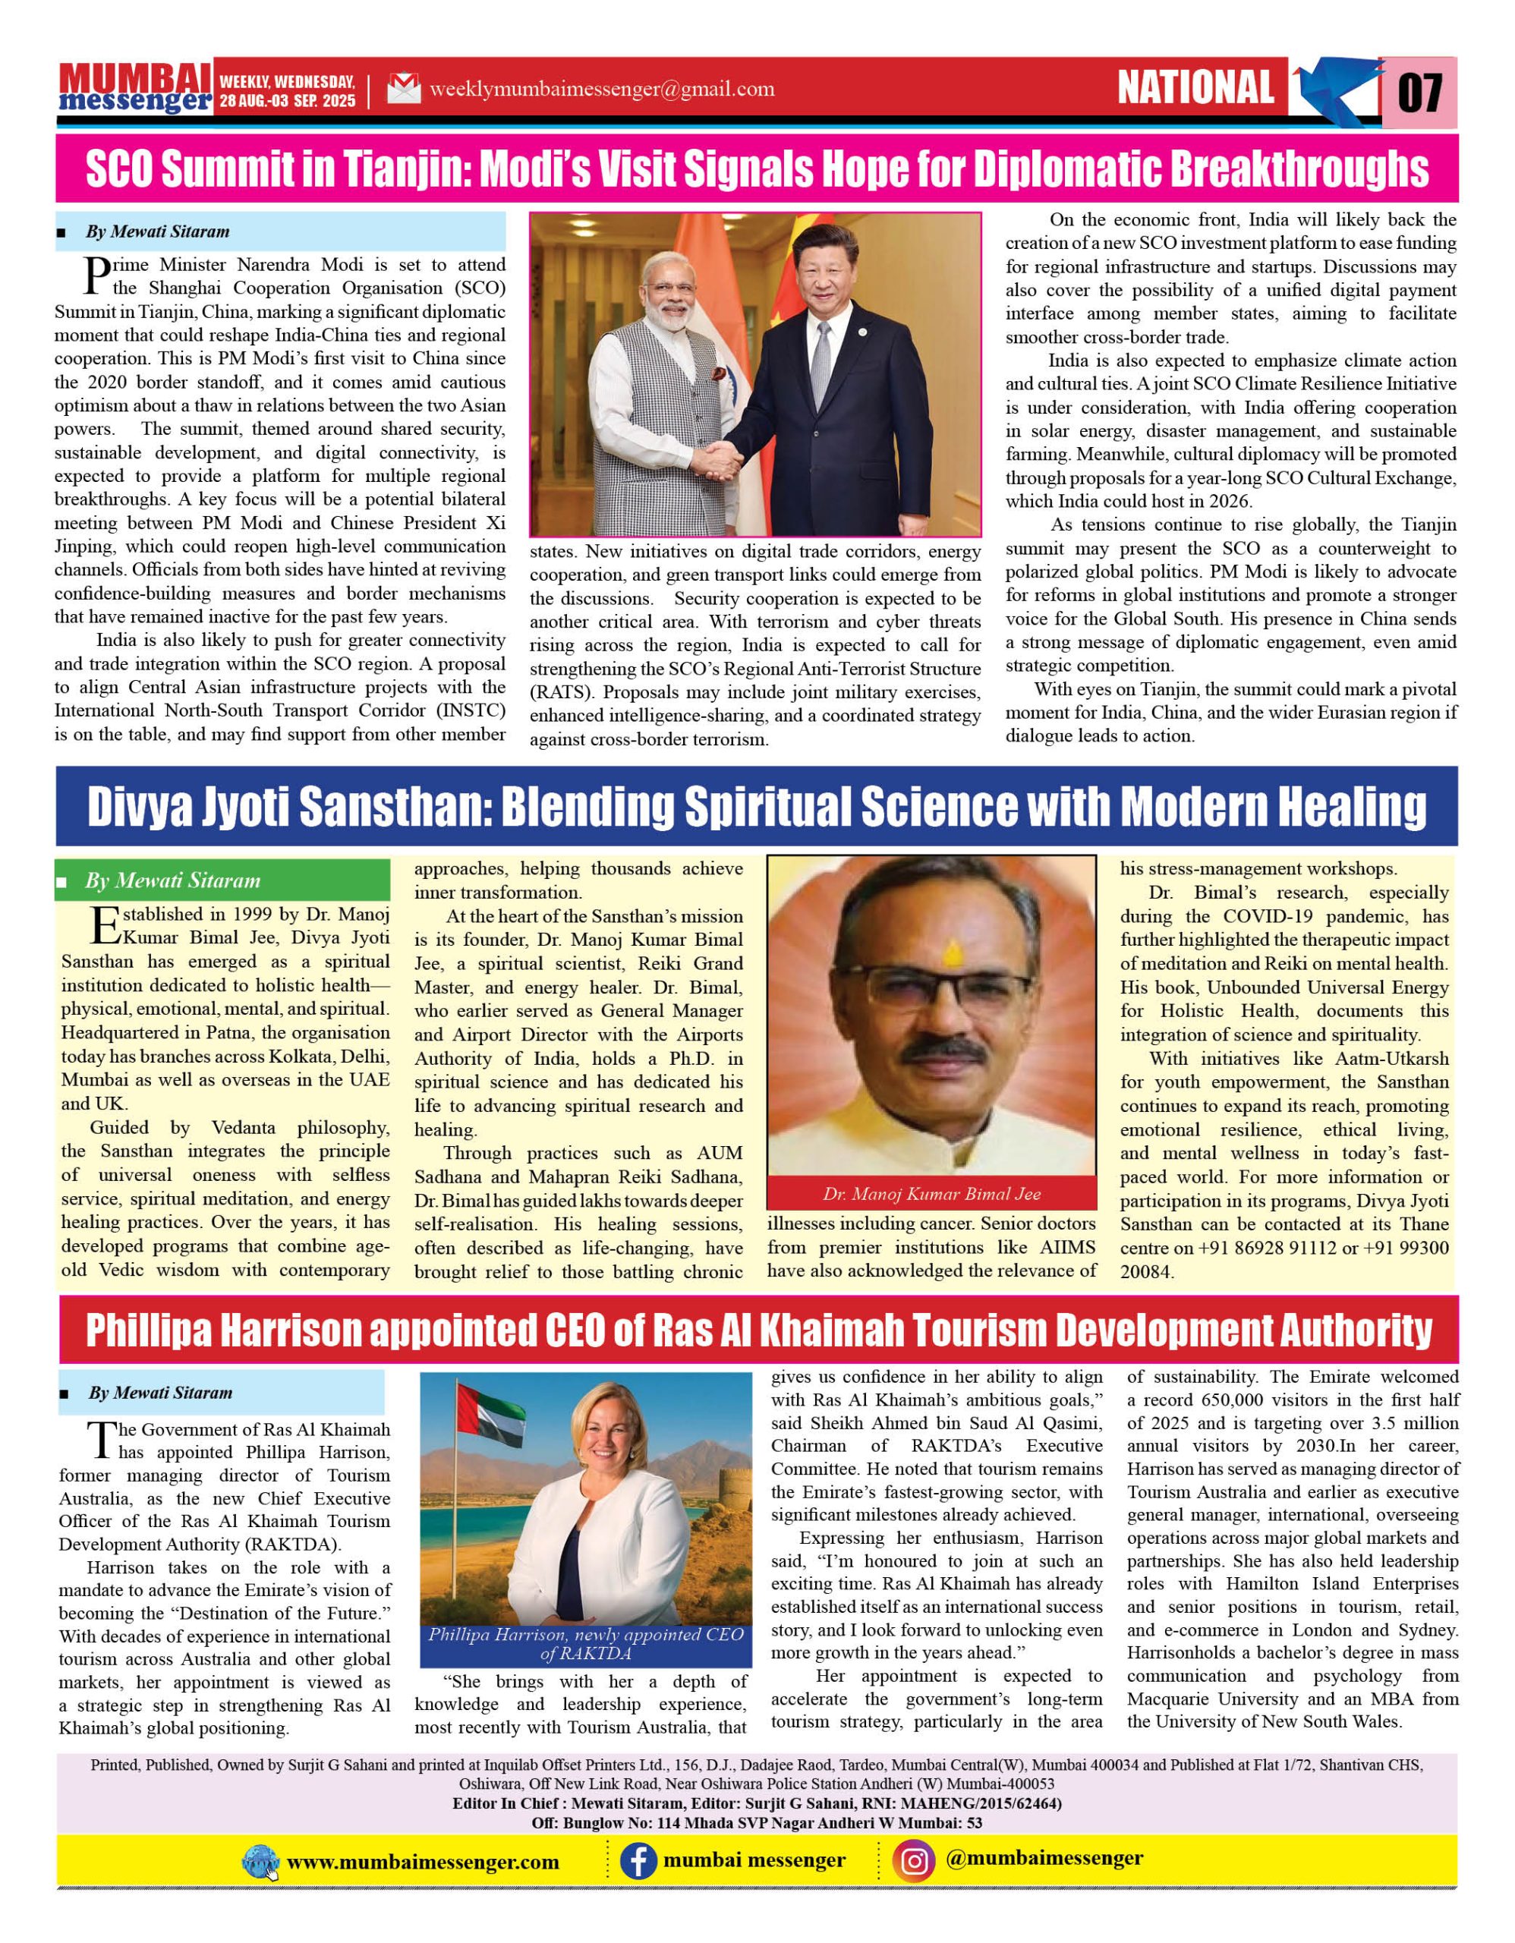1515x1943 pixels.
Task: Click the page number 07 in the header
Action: (x=1420, y=92)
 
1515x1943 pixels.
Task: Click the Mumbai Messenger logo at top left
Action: (x=135, y=88)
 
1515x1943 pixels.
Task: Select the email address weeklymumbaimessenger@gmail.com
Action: (x=601, y=89)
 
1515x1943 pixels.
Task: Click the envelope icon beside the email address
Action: (x=404, y=89)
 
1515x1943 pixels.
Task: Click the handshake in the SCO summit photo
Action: (x=718, y=460)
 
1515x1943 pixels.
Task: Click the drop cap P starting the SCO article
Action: (x=95, y=275)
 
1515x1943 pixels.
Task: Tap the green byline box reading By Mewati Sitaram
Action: (x=222, y=880)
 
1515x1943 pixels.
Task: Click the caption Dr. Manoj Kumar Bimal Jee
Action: (x=931, y=1194)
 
